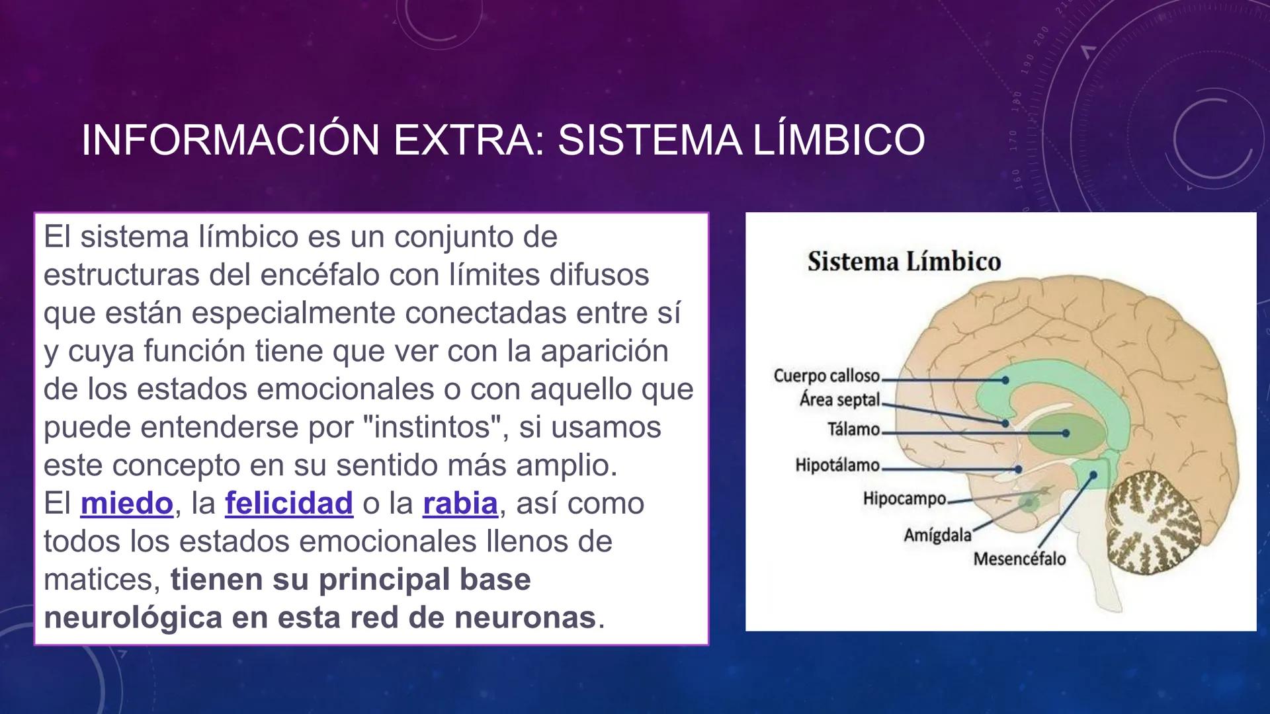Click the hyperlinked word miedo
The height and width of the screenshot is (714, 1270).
click(126, 504)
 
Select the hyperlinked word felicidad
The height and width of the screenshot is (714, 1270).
click(289, 504)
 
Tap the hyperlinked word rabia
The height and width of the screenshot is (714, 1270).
click(460, 504)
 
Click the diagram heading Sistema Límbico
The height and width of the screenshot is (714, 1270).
click(904, 262)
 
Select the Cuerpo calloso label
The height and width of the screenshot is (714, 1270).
click(826, 376)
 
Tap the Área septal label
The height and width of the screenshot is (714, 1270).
click(839, 400)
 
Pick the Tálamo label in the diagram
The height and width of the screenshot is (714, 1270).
click(853, 430)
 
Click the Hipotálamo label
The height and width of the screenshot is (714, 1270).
click(837, 465)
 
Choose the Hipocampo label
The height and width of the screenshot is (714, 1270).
click(904, 498)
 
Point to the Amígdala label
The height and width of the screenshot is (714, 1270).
click(937, 535)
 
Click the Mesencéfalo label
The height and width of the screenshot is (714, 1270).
click(1019, 559)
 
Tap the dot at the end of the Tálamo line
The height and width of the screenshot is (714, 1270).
click(1066, 433)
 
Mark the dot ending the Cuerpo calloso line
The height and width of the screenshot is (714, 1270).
click(1005, 380)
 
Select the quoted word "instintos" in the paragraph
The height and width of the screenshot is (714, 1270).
click(437, 428)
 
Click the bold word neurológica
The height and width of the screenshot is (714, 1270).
click(133, 617)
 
